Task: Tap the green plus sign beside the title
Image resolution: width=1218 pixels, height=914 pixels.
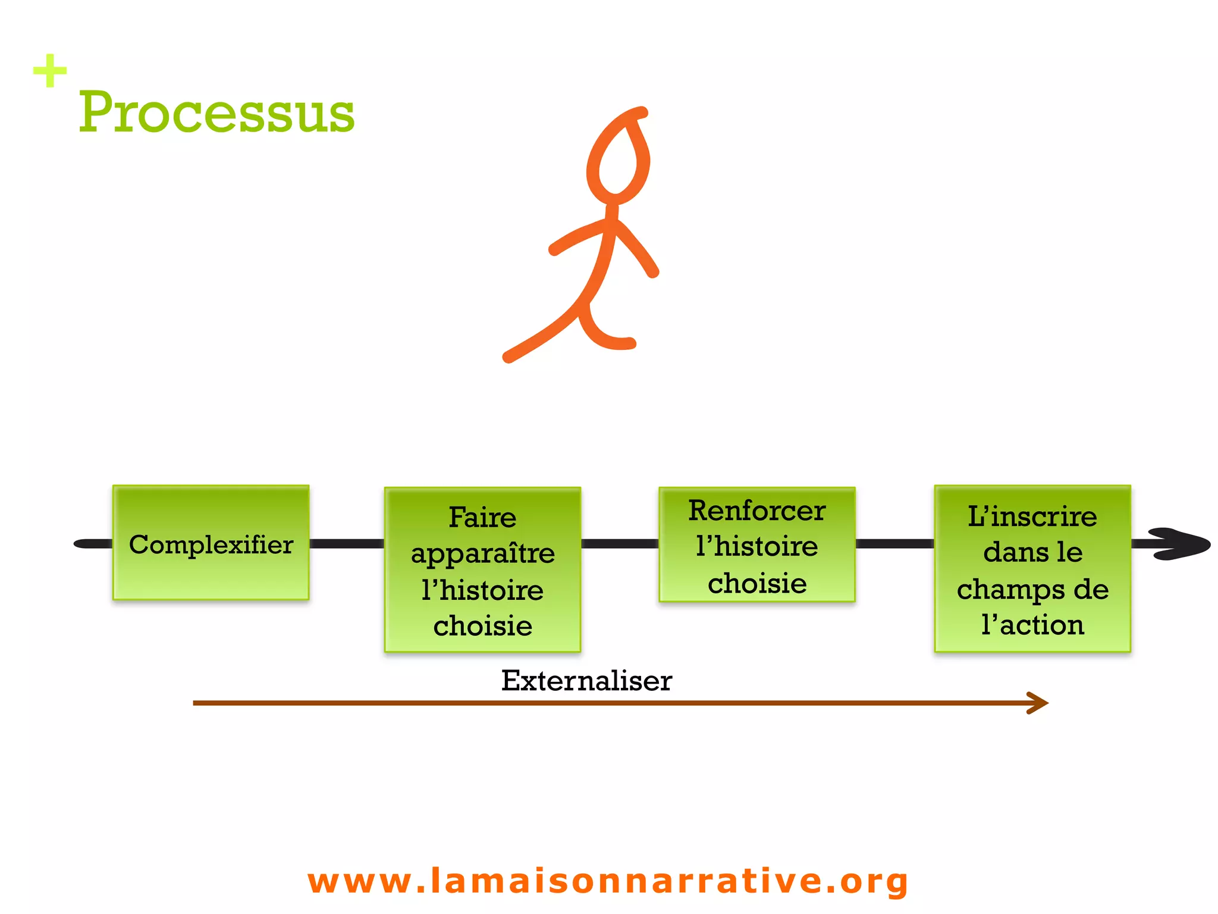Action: tap(50, 71)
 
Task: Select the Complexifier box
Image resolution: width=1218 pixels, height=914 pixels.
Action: tap(211, 543)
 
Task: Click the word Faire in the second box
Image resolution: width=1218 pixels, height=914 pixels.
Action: tap(482, 517)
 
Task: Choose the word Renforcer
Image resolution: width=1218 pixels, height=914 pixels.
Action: tap(756, 511)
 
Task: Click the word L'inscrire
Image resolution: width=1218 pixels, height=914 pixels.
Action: tap(1032, 516)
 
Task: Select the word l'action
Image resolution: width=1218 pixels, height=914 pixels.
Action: tap(1032, 625)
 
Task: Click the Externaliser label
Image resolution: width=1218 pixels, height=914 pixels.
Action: tap(586, 681)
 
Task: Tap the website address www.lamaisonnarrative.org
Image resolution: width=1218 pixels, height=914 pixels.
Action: tap(608, 881)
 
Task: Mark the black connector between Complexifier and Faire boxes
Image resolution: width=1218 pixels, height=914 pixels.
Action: tap(347, 543)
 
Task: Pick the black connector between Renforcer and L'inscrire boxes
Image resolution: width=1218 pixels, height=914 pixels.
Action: tap(894, 543)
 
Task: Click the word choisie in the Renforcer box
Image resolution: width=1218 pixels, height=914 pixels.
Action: tap(756, 583)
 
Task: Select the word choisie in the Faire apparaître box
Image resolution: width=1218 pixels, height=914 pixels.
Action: tap(482, 626)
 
